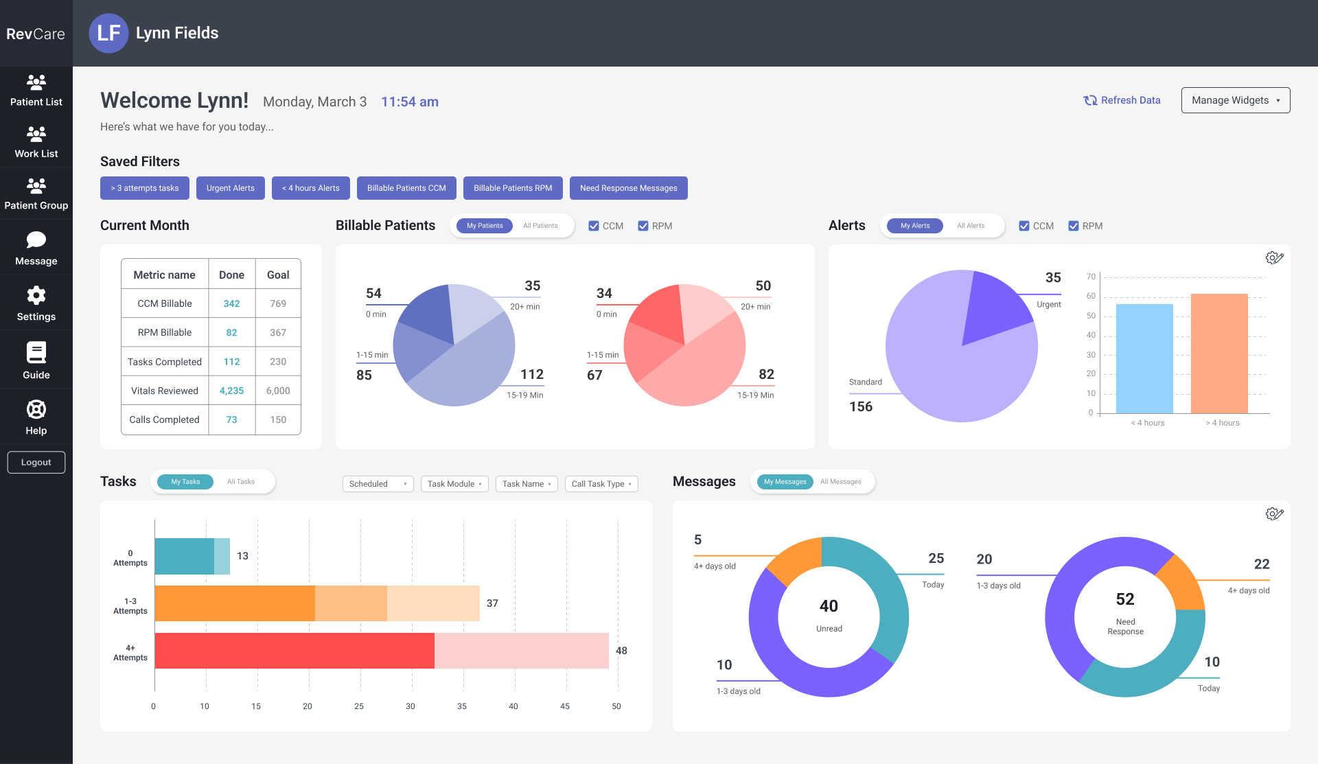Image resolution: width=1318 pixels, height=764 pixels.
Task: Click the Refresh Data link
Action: [x=1122, y=100]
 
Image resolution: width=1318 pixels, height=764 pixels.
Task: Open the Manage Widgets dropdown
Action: [x=1236, y=100]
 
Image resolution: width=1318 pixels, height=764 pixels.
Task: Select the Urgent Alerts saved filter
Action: [x=231, y=188]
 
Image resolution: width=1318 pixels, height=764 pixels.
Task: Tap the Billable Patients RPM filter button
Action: [x=513, y=188]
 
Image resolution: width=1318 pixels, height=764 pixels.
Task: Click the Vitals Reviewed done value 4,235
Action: [x=232, y=391]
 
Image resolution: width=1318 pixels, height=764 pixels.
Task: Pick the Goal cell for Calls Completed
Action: [x=278, y=419]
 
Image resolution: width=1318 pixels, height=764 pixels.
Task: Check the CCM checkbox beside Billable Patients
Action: [x=594, y=226]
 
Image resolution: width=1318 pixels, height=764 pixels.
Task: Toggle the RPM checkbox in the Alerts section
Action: [x=1074, y=226]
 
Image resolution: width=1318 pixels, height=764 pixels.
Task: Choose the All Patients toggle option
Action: [x=540, y=226]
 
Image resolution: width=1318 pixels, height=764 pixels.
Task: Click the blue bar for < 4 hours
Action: [x=1144, y=358]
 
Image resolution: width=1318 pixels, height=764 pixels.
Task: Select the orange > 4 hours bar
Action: [x=1219, y=354]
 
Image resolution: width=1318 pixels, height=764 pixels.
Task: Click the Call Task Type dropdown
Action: [x=601, y=484]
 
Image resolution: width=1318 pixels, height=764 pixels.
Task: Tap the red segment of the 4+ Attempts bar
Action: [x=294, y=651]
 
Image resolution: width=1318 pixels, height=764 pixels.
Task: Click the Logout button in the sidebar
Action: [x=36, y=463]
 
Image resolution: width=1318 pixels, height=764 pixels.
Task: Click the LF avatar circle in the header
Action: [x=109, y=33]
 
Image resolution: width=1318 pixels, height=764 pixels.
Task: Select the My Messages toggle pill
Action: [x=785, y=482]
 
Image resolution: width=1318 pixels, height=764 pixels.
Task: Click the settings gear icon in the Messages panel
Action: [x=1274, y=513]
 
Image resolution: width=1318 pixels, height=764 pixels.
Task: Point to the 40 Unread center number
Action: [x=829, y=606]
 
